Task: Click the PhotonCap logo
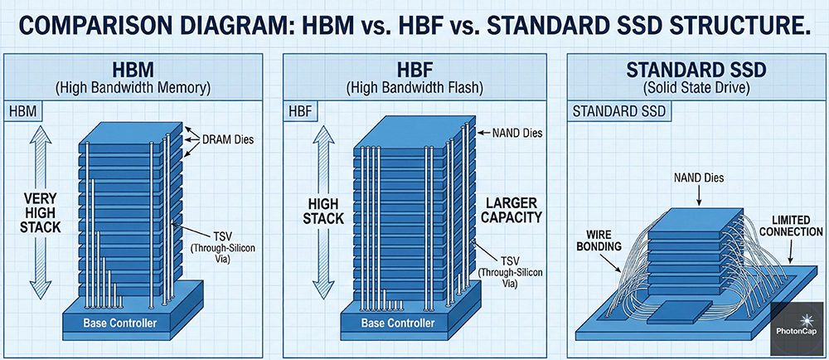(799, 328)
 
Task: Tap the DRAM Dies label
(227, 140)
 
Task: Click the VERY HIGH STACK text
(40, 213)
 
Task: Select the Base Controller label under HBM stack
(120, 323)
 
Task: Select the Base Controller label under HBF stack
(398, 323)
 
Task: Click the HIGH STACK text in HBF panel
(323, 211)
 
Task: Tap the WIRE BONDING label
(599, 240)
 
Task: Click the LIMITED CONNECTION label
(797, 225)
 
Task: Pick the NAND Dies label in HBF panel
(516, 134)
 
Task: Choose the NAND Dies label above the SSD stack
(699, 178)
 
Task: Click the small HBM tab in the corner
(22, 112)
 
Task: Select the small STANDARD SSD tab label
(619, 112)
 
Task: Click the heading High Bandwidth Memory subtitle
(133, 88)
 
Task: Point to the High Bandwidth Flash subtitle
(414, 88)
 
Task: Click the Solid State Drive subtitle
(697, 88)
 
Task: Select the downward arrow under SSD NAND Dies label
(699, 196)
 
